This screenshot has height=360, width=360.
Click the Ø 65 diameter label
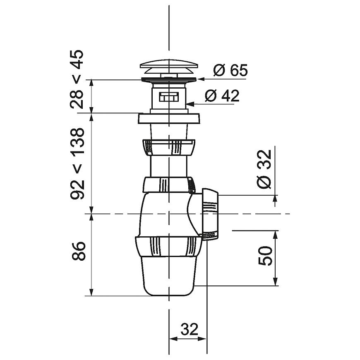[x=230, y=70]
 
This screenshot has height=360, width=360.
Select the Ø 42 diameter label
[x=222, y=96]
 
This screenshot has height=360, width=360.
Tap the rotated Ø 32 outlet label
[x=264, y=169]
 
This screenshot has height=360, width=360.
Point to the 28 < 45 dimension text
[x=77, y=79]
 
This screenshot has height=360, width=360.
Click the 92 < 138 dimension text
[x=77, y=163]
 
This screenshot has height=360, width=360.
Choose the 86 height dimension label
[x=79, y=251]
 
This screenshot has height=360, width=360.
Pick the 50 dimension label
[x=265, y=256]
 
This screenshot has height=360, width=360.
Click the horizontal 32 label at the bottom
[x=190, y=329]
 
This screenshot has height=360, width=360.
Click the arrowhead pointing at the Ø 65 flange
[x=201, y=79]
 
